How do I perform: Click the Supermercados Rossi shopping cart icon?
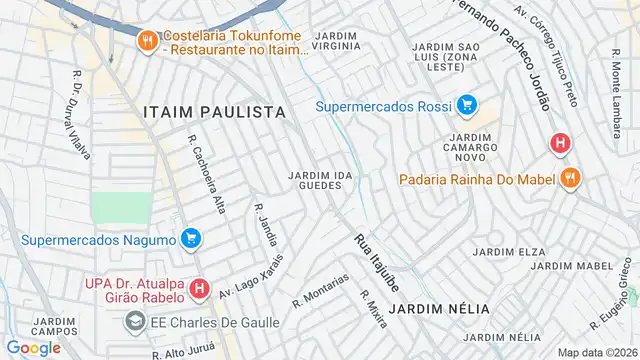[x=466, y=105]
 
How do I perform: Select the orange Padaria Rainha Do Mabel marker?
[x=570, y=179]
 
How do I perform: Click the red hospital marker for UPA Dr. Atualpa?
[x=200, y=290]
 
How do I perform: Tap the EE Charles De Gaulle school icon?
[x=134, y=322]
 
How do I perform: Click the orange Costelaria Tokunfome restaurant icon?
[x=148, y=39]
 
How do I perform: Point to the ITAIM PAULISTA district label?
[x=214, y=112]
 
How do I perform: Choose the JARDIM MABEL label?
[x=580, y=265]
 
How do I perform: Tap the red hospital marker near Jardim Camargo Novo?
[x=560, y=144]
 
